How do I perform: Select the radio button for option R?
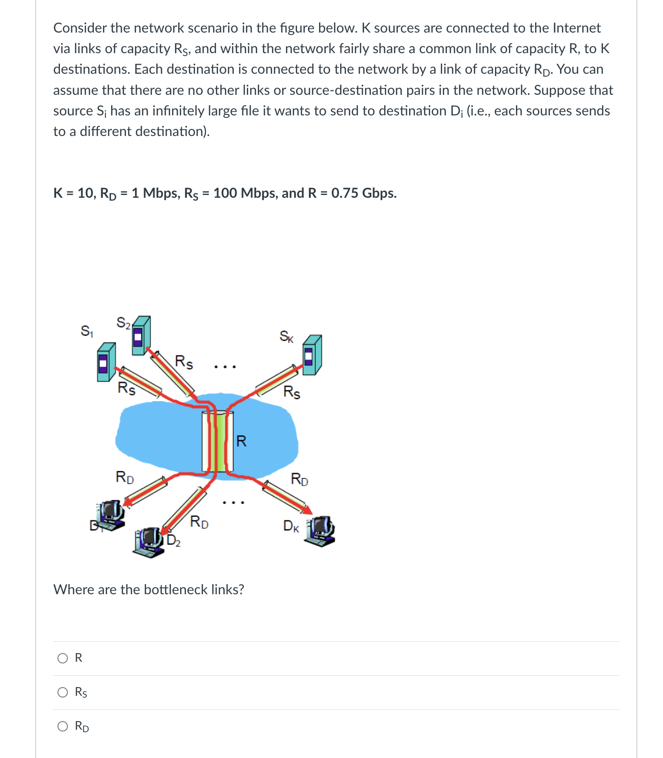(63, 658)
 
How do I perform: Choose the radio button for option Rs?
(63, 692)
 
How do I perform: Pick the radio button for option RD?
(63, 726)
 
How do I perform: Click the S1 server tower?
(106, 362)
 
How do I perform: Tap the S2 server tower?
(141, 335)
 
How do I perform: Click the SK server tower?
(312, 355)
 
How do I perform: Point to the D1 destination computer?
(111, 514)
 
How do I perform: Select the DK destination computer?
(321, 531)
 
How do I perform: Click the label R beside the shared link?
(241, 441)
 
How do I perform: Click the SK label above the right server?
(286, 337)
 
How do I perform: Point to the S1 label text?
(87, 331)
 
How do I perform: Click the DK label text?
(291, 526)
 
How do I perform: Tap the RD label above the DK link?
(299, 479)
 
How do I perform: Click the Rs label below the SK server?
(292, 392)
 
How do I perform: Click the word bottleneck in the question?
(176, 589)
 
